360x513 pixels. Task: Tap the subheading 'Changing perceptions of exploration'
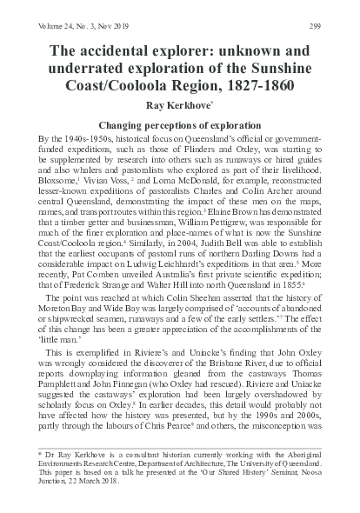click(180, 125)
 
